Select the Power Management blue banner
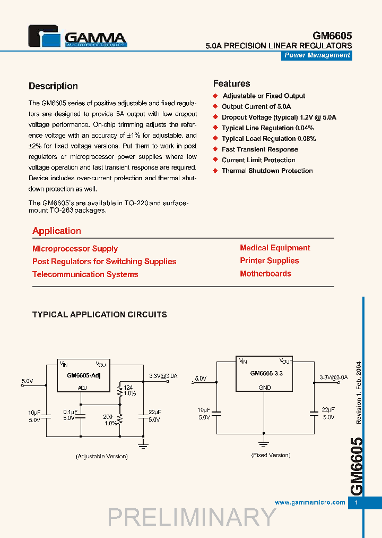point(317,55)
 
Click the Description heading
point(53,86)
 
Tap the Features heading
point(231,83)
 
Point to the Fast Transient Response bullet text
point(259,149)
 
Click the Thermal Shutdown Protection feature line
point(267,171)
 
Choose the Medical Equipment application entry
point(275,248)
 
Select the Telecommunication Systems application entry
point(85,274)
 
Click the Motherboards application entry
point(265,274)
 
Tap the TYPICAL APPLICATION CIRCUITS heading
point(100,315)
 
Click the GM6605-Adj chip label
point(84,376)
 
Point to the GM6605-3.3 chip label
point(266,373)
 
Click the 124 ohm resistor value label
point(128,388)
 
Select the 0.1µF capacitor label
point(71,412)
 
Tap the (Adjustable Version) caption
point(101,456)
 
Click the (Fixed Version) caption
point(271,455)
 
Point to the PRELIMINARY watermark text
point(192,517)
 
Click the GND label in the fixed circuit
point(264,388)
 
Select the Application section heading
point(57,231)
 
